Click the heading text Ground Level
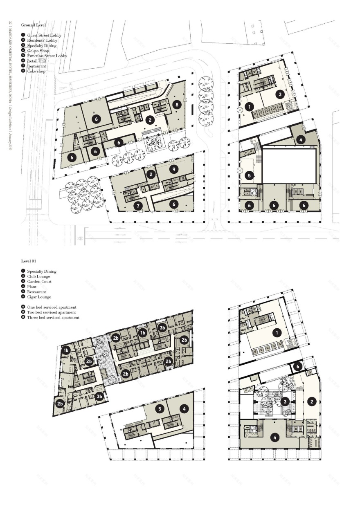pos(34,25)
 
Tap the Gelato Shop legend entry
pos(38,51)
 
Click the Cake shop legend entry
pos(36,71)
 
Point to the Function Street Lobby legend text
pos(47,56)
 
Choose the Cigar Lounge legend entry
pos(39,297)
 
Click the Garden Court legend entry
pos(39,282)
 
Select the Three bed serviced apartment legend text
pos(53,317)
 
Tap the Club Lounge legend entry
pos(39,276)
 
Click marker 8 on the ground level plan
pos(177,105)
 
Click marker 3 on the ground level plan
pos(280,94)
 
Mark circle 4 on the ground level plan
pos(301,140)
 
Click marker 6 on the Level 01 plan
pos(298,367)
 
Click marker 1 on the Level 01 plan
pos(277,333)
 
